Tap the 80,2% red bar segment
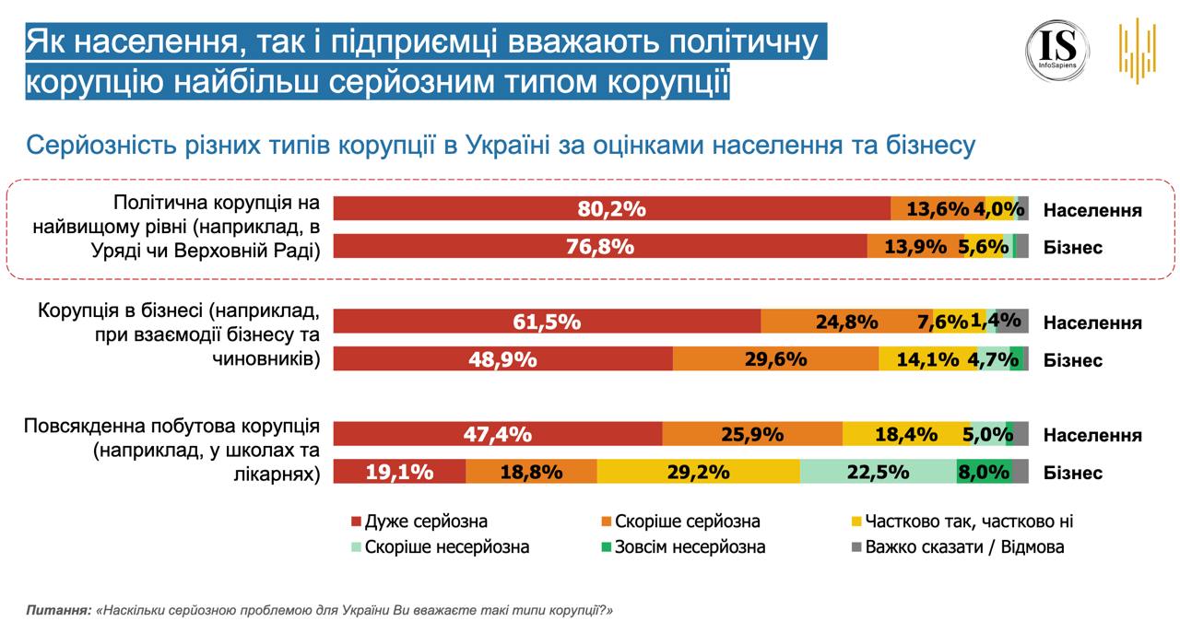611,209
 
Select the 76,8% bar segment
599,246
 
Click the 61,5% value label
547,322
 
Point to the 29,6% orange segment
775,358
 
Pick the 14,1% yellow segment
929,358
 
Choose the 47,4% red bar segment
498,434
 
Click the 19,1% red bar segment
399,472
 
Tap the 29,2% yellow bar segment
698,472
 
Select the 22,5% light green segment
878,472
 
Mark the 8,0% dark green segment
985,472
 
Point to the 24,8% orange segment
846,322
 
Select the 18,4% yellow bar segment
905,434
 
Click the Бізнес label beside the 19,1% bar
1073,473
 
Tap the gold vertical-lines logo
1137,50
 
